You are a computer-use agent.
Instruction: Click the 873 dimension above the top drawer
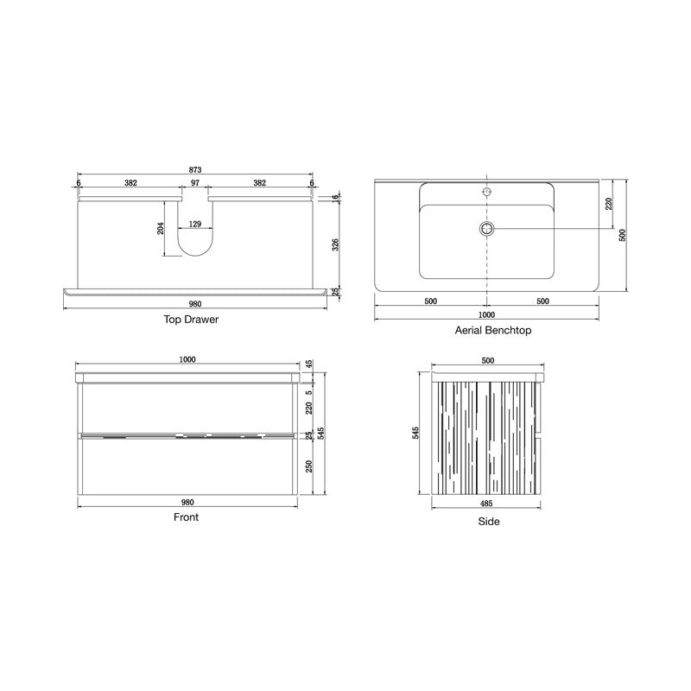(x=194, y=168)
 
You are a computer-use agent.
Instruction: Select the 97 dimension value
(x=195, y=183)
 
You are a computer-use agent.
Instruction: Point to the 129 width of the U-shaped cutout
(x=195, y=225)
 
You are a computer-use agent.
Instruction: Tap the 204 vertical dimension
(x=161, y=228)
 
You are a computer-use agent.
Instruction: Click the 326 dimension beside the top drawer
(x=336, y=244)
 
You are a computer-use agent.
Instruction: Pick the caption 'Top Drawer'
(x=191, y=319)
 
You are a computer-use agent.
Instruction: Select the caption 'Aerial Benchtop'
(x=492, y=330)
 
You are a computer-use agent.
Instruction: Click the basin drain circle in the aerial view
(x=486, y=228)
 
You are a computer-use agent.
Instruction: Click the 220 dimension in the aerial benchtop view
(x=608, y=204)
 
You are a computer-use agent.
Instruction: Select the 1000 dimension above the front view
(x=187, y=359)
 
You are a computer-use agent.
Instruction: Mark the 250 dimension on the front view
(x=308, y=467)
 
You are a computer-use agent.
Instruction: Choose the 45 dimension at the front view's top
(x=308, y=365)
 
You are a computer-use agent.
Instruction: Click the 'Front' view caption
(x=187, y=517)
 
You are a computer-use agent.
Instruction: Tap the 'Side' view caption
(x=489, y=521)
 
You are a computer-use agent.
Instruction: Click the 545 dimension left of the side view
(x=416, y=434)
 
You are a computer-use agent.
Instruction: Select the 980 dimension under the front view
(x=187, y=502)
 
